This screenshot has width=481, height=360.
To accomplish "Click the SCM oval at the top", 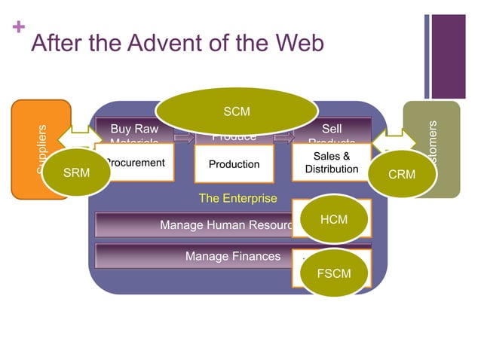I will tap(237, 112).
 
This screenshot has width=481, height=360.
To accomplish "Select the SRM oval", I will tap(76, 173).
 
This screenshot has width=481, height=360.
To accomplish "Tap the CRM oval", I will tap(401, 175).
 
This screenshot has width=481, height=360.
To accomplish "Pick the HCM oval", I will tap(333, 219).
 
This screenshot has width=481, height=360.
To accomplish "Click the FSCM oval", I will tap(333, 273).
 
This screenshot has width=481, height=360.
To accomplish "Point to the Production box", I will tap(234, 165).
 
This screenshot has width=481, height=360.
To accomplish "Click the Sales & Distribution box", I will tap(331, 163).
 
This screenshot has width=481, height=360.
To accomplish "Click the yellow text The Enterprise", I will tap(237, 199).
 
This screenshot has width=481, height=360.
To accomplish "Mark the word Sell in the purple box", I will tap(331, 130).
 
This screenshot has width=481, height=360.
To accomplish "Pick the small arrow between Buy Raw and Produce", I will tap(184, 138).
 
